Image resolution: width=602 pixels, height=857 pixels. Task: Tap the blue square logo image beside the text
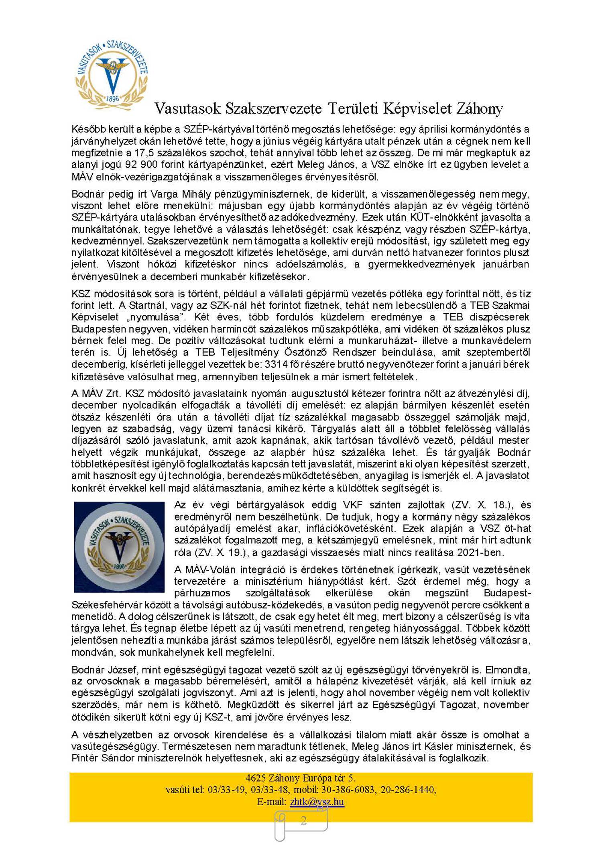click(x=119, y=547)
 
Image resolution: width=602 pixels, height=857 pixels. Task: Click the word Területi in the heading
click(x=352, y=108)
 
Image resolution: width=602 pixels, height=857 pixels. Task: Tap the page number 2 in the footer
click(x=303, y=820)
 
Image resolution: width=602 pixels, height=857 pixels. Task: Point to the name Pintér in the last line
click(x=84, y=758)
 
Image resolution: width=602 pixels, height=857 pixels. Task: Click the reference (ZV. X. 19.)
click(x=221, y=552)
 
